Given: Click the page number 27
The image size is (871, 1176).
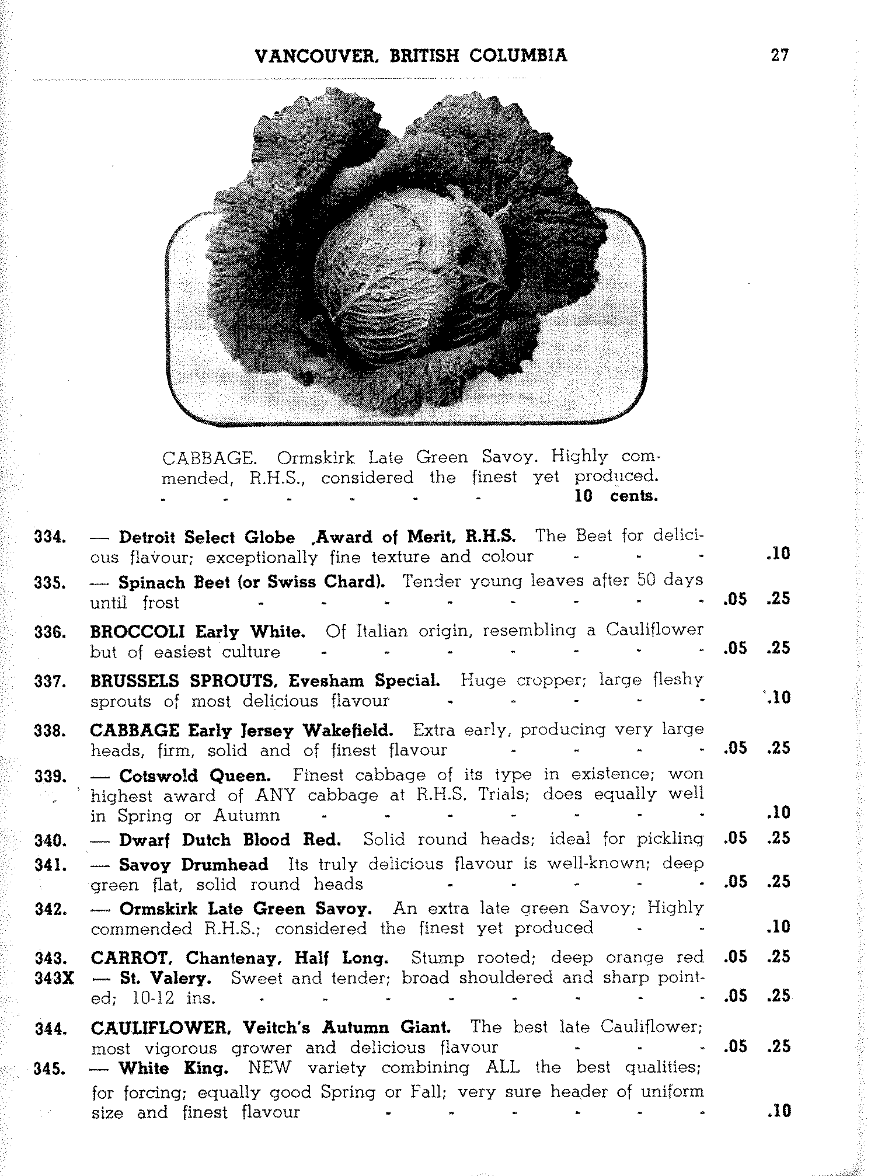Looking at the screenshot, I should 779,55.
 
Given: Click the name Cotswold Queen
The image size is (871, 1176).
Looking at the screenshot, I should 194,776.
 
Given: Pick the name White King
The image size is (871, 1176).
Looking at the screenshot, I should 172,1069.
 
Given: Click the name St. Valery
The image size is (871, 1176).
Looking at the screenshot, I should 165,978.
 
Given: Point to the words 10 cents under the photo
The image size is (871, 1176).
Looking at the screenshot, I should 616,496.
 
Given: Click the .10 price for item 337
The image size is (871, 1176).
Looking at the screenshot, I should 778,697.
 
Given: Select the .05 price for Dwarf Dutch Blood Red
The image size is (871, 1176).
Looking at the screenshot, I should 734,838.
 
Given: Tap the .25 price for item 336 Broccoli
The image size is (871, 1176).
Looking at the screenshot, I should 778,648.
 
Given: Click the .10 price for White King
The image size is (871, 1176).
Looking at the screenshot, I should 778,1111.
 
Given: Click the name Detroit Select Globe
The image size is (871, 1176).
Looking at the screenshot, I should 207,537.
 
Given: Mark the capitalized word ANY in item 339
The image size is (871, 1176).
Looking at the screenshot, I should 275,795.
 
